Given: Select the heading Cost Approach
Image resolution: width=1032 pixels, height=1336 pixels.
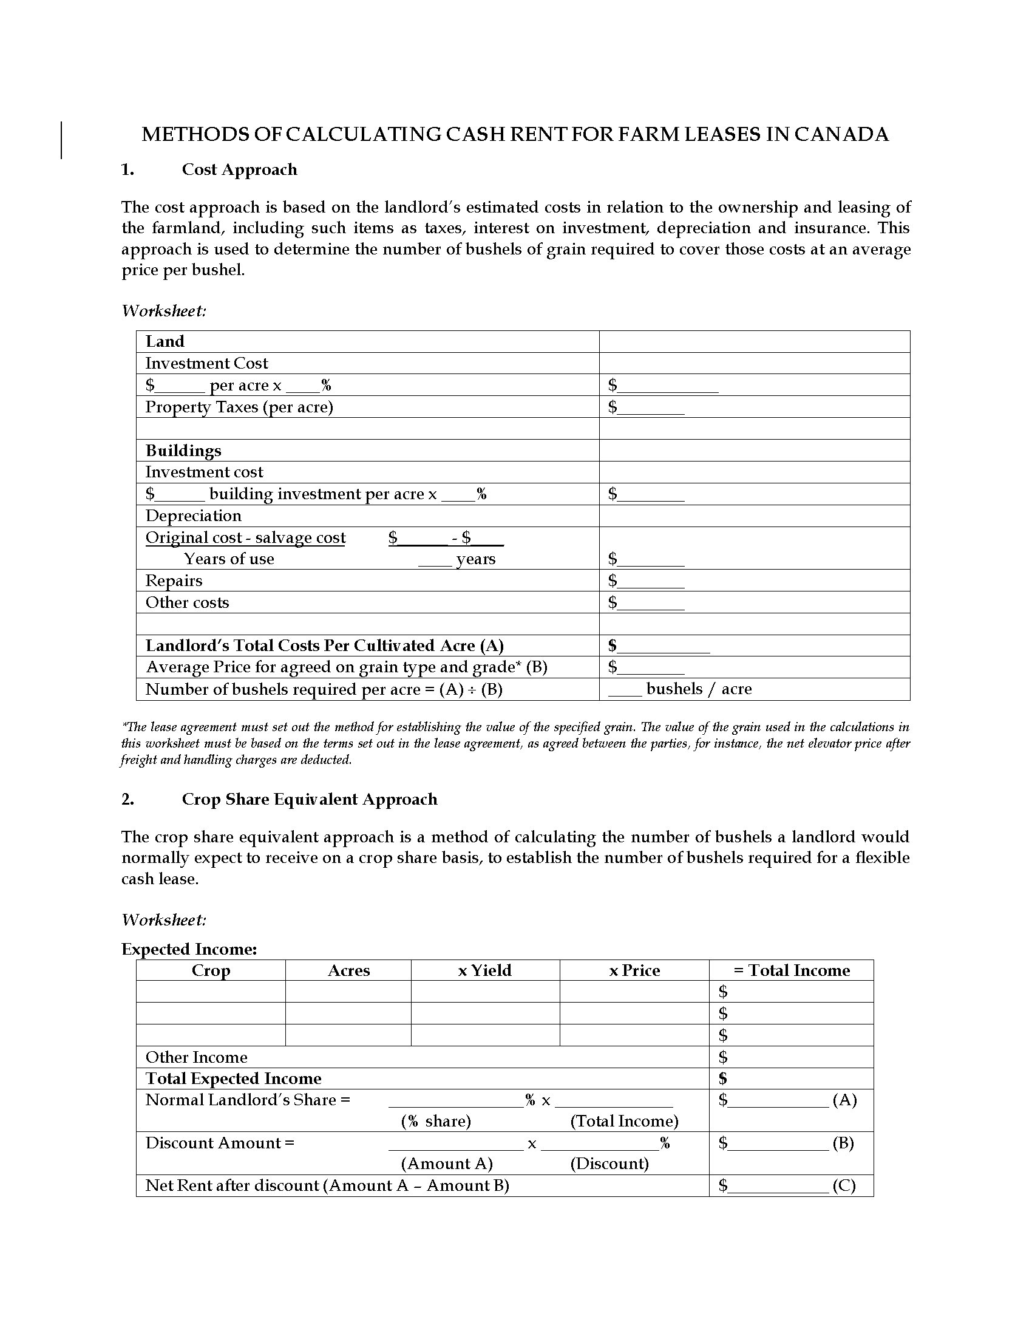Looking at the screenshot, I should pos(239,169).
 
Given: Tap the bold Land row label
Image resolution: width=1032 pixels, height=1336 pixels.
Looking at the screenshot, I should pos(165,341).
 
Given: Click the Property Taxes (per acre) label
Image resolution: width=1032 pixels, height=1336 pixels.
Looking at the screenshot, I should pos(239,407).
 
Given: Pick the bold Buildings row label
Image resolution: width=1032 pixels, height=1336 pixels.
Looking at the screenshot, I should pos(183,451).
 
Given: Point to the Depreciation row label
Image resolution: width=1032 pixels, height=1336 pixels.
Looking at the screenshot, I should pos(193,516).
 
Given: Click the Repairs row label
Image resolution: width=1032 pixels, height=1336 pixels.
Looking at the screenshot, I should pos(174,581).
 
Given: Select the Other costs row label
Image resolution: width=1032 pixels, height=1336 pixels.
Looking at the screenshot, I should pos(187,602).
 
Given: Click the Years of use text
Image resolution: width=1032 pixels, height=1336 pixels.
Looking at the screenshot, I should pos(229,559).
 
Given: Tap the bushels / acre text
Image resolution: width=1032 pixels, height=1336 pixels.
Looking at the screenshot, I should pos(698,689).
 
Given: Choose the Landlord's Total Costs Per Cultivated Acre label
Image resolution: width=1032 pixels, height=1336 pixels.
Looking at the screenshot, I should pos(324,646).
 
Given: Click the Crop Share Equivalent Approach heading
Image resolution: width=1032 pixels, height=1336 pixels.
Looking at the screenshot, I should pos(310,800).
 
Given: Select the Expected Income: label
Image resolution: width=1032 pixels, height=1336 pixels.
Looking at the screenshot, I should pos(189,949).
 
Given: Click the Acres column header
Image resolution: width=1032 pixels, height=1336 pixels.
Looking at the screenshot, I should pos(348,970).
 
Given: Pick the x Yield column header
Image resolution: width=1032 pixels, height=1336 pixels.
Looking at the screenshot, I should pos(484,970).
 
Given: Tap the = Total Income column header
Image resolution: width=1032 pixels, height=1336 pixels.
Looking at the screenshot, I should pos(791,970).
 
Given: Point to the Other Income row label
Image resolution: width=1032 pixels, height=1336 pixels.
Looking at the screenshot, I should pos(196,1057).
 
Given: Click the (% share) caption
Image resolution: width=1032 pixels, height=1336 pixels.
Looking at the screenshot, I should pos(436,1120).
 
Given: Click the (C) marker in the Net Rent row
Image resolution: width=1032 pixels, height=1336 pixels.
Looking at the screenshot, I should pos(844,1185).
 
